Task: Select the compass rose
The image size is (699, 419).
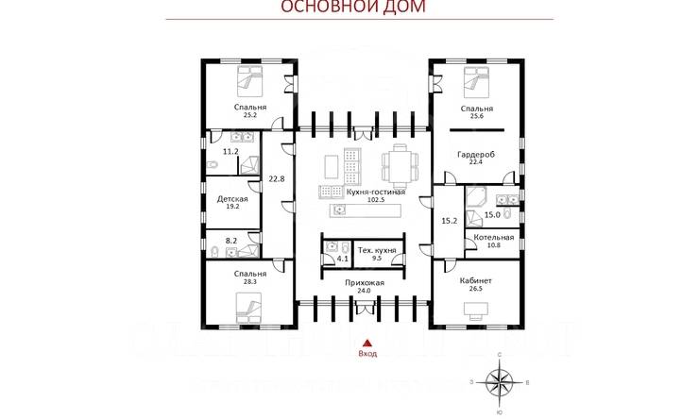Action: point(500,381)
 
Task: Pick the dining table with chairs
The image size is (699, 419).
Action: point(398,166)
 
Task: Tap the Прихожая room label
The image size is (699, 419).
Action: point(363,282)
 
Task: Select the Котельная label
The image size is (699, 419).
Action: point(494,237)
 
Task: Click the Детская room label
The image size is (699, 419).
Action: point(232,199)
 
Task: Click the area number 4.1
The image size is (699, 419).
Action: point(343,257)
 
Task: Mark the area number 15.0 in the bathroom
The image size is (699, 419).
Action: point(491,214)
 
